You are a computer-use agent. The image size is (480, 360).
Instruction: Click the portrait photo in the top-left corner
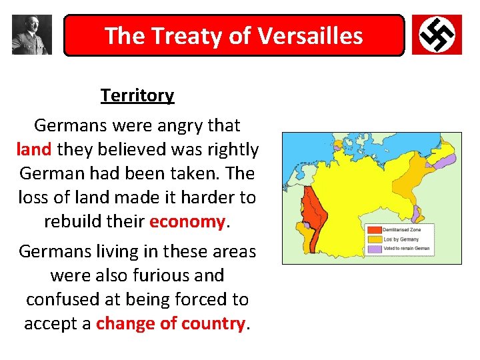(32, 35)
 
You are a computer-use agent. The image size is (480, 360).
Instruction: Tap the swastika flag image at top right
(437, 35)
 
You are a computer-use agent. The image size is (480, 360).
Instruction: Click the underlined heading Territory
(137, 95)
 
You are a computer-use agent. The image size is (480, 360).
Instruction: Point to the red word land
(35, 149)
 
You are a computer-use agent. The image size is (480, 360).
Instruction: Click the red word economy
(187, 221)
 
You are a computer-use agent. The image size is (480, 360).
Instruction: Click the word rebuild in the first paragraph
(73, 221)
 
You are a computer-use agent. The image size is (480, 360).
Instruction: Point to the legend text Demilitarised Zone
(401, 230)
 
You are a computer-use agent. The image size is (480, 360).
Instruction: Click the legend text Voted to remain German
(406, 249)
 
